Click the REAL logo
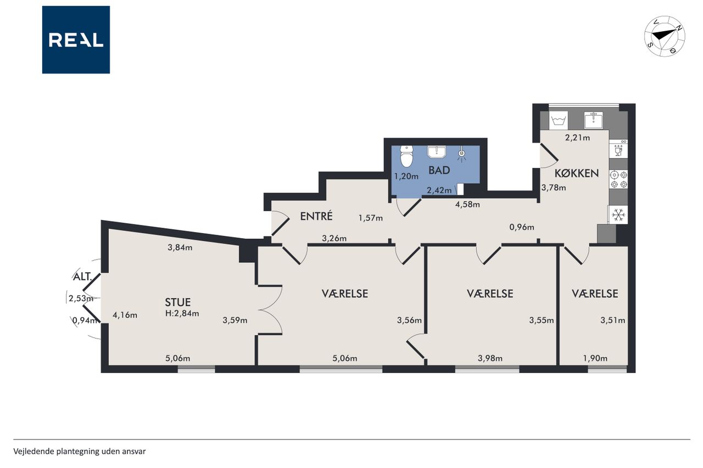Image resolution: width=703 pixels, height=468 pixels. pyautogui.click(x=76, y=40)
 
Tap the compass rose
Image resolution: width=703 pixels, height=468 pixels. pyautogui.click(x=665, y=36)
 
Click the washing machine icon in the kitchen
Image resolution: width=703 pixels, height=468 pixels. pyautogui.click(x=559, y=120)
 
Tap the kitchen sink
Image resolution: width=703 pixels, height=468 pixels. pyautogui.click(x=593, y=120)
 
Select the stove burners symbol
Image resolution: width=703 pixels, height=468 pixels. pyautogui.click(x=618, y=179)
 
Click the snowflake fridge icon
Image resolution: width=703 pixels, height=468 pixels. pyautogui.click(x=618, y=215)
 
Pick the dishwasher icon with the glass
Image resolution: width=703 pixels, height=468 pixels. pyautogui.click(x=618, y=149)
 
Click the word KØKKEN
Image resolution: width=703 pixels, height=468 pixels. pyautogui.click(x=577, y=173)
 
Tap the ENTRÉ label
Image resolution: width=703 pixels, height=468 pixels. pyautogui.click(x=316, y=216)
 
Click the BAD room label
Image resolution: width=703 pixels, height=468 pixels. pyautogui.click(x=439, y=170)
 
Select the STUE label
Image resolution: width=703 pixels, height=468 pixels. pyautogui.click(x=177, y=302)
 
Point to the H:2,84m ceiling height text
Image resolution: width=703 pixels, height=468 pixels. pyautogui.click(x=182, y=313)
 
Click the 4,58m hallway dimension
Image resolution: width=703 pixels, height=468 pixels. pyautogui.click(x=467, y=205)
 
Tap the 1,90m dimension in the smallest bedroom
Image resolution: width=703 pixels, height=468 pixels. pyautogui.click(x=595, y=358)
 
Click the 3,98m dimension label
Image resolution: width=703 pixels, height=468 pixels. pyautogui.click(x=490, y=358)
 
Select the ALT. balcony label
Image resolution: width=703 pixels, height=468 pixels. pyautogui.click(x=82, y=277)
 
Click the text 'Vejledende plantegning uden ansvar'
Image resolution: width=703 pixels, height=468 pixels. pyautogui.click(x=80, y=452)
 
